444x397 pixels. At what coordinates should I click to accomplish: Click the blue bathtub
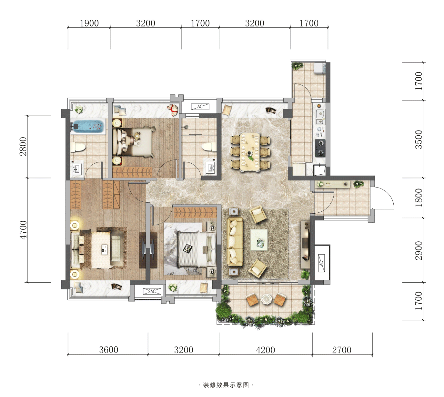click(x=88, y=126)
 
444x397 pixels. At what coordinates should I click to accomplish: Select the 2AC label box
click(x=152, y=291)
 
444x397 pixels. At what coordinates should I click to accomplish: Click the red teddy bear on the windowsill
click(x=173, y=110)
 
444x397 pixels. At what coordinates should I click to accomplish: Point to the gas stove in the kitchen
click(x=320, y=148)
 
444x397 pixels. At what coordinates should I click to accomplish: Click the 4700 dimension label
click(x=23, y=230)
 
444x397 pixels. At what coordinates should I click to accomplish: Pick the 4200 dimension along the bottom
click(x=265, y=350)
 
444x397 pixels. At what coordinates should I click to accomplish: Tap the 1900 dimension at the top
click(x=89, y=23)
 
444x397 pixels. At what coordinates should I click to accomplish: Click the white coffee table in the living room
click(x=259, y=240)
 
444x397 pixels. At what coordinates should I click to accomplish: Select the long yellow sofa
click(x=235, y=241)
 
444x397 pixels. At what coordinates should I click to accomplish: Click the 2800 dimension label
click(x=23, y=146)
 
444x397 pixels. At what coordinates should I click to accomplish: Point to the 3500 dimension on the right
click(x=419, y=140)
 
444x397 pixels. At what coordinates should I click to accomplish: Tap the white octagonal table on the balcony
click(x=266, y=299)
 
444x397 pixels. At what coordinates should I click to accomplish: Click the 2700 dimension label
click(x=342, y=350)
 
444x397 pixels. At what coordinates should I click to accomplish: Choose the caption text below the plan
click(x=226, y=385)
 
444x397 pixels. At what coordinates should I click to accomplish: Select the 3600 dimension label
click(x=109, y=350)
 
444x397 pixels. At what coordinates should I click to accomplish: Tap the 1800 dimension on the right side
click(x=419, y=197)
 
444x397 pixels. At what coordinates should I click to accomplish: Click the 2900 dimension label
click(x=419, y=251)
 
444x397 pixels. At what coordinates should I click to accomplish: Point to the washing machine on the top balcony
click(x=319, y=68)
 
